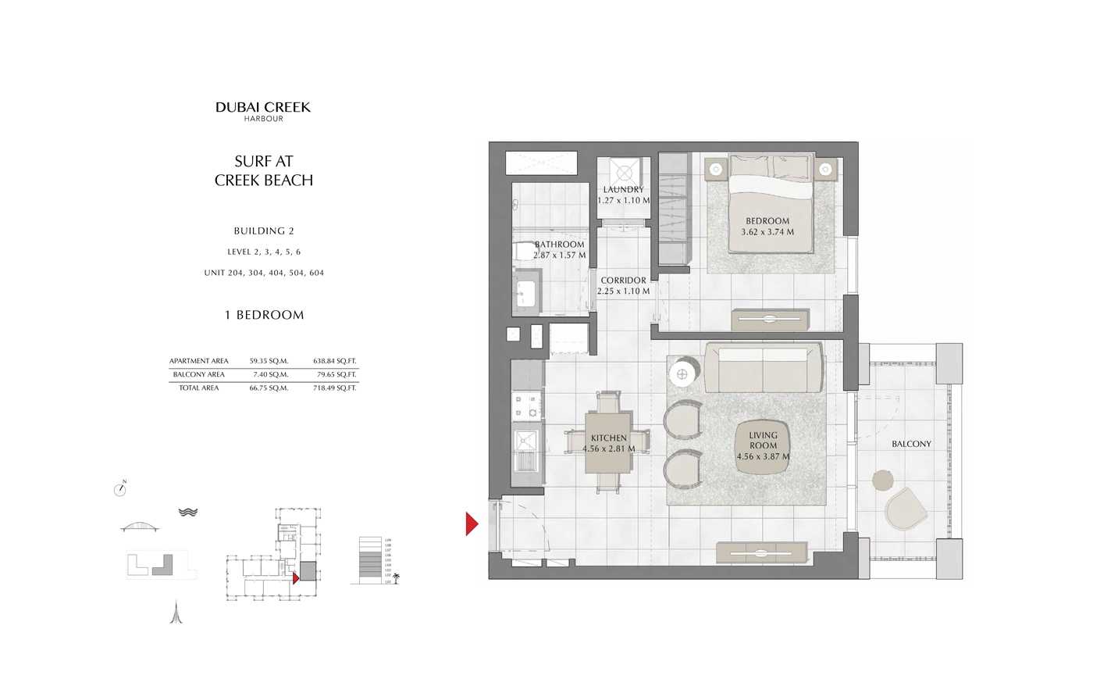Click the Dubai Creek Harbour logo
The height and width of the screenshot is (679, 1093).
click(x=263, y=110)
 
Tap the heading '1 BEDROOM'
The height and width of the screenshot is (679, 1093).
click(x=264, y=315)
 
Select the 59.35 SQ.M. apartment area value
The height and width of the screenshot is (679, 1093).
click(x=269, y=361)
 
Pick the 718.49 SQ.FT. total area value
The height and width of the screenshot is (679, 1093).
click(x=334, y=388)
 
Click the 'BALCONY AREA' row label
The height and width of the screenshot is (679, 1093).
click(x=199, y=374)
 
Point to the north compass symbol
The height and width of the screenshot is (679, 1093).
click(x=119, y=489)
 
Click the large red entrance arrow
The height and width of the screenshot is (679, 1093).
click(x=471, y=524)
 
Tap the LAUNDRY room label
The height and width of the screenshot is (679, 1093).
click(x=623, y=190)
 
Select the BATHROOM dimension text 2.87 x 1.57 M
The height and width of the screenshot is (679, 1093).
click(x=559, y=256)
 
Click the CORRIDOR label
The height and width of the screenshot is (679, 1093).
click(x=623, y=281)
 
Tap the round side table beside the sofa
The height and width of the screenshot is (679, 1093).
click(x=682, y=374)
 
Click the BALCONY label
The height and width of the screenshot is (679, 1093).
click(x=911, y=444)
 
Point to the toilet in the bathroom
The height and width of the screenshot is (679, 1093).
click(x=523, y=251)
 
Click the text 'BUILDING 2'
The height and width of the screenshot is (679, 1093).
click(x=264, y=231)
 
